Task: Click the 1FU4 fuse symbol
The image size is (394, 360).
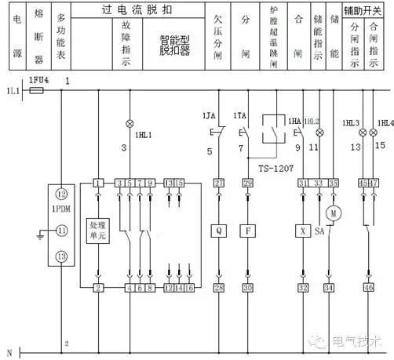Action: coord(35,91)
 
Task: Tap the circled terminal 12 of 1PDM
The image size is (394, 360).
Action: coord(60,195)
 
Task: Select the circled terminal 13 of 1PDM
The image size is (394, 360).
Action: coord(60,256)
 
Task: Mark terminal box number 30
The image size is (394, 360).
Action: coord(249,289)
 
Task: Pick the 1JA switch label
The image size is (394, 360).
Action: coord(208,115)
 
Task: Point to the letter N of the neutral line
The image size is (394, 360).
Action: coord(9,351)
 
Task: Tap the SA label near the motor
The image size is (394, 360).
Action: coord(319,233)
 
